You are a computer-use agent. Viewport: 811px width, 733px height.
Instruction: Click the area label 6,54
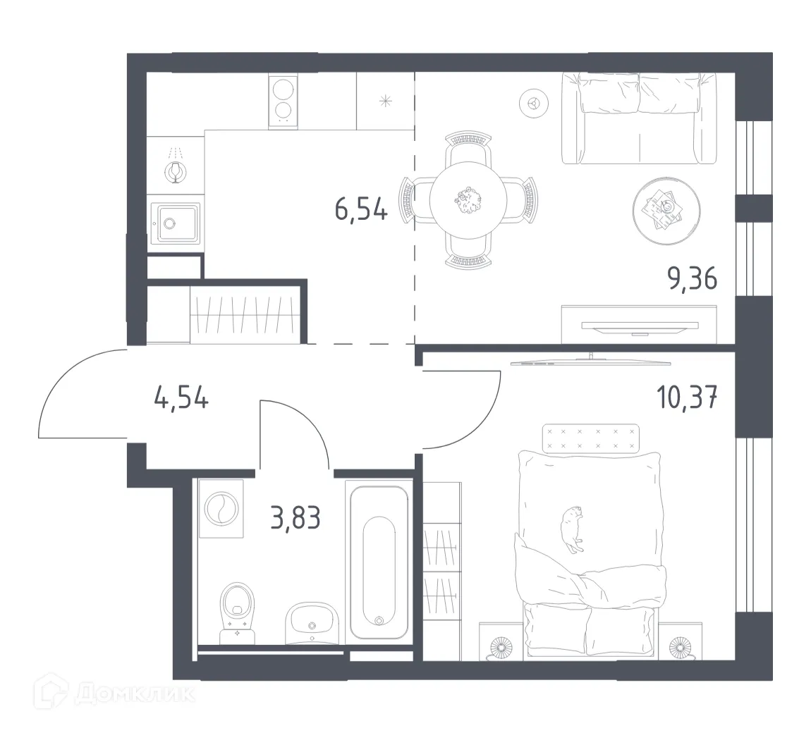(360, 209)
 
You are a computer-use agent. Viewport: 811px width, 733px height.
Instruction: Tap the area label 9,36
(692, 280)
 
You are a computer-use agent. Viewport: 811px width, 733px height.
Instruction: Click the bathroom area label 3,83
(295, 518)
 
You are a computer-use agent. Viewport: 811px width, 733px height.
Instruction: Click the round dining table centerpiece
(467, 199)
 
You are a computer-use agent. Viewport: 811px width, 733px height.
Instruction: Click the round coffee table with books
(666, 207)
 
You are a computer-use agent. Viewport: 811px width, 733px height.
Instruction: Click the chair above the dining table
(468, 146)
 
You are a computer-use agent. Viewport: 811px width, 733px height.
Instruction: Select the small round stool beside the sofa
(534, 104)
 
